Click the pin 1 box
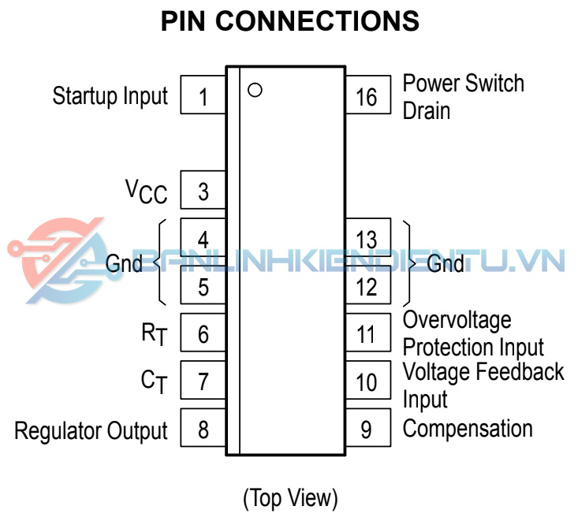coord(203,96)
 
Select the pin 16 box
coord(367,96)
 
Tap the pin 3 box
coord(203,191)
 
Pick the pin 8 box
coord(203,430)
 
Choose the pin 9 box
coord(367,430)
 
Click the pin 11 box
coord(367,333)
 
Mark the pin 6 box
coord(203,333)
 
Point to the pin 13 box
coord(367,238)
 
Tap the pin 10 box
coord(367,381)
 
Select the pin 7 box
coord(203,381)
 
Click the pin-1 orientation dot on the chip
coord(254,89)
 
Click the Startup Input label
coord(110,96)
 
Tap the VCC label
coord(147,191)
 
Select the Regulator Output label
coord(91,431)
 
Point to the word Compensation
coord(468,430)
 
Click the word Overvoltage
coord(457,320)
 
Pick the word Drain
coord(427,110)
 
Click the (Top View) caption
coord(289,498)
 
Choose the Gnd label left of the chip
coord(125,262)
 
